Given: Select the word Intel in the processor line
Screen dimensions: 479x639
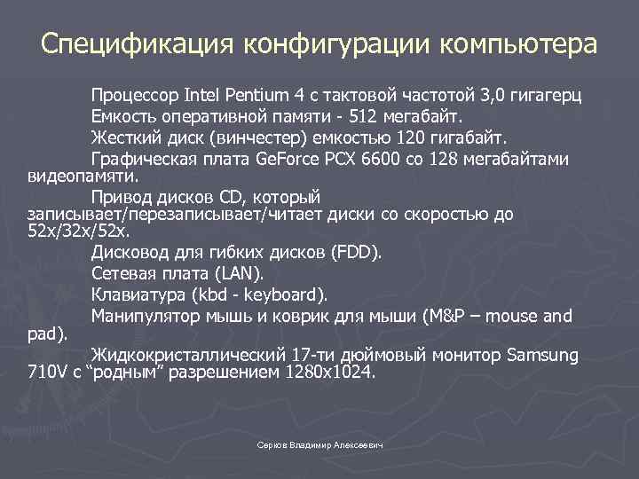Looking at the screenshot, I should point(205,95).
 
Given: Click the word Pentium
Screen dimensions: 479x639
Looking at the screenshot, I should point(264,95).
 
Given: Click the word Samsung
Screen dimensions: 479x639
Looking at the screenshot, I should point(542,356).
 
